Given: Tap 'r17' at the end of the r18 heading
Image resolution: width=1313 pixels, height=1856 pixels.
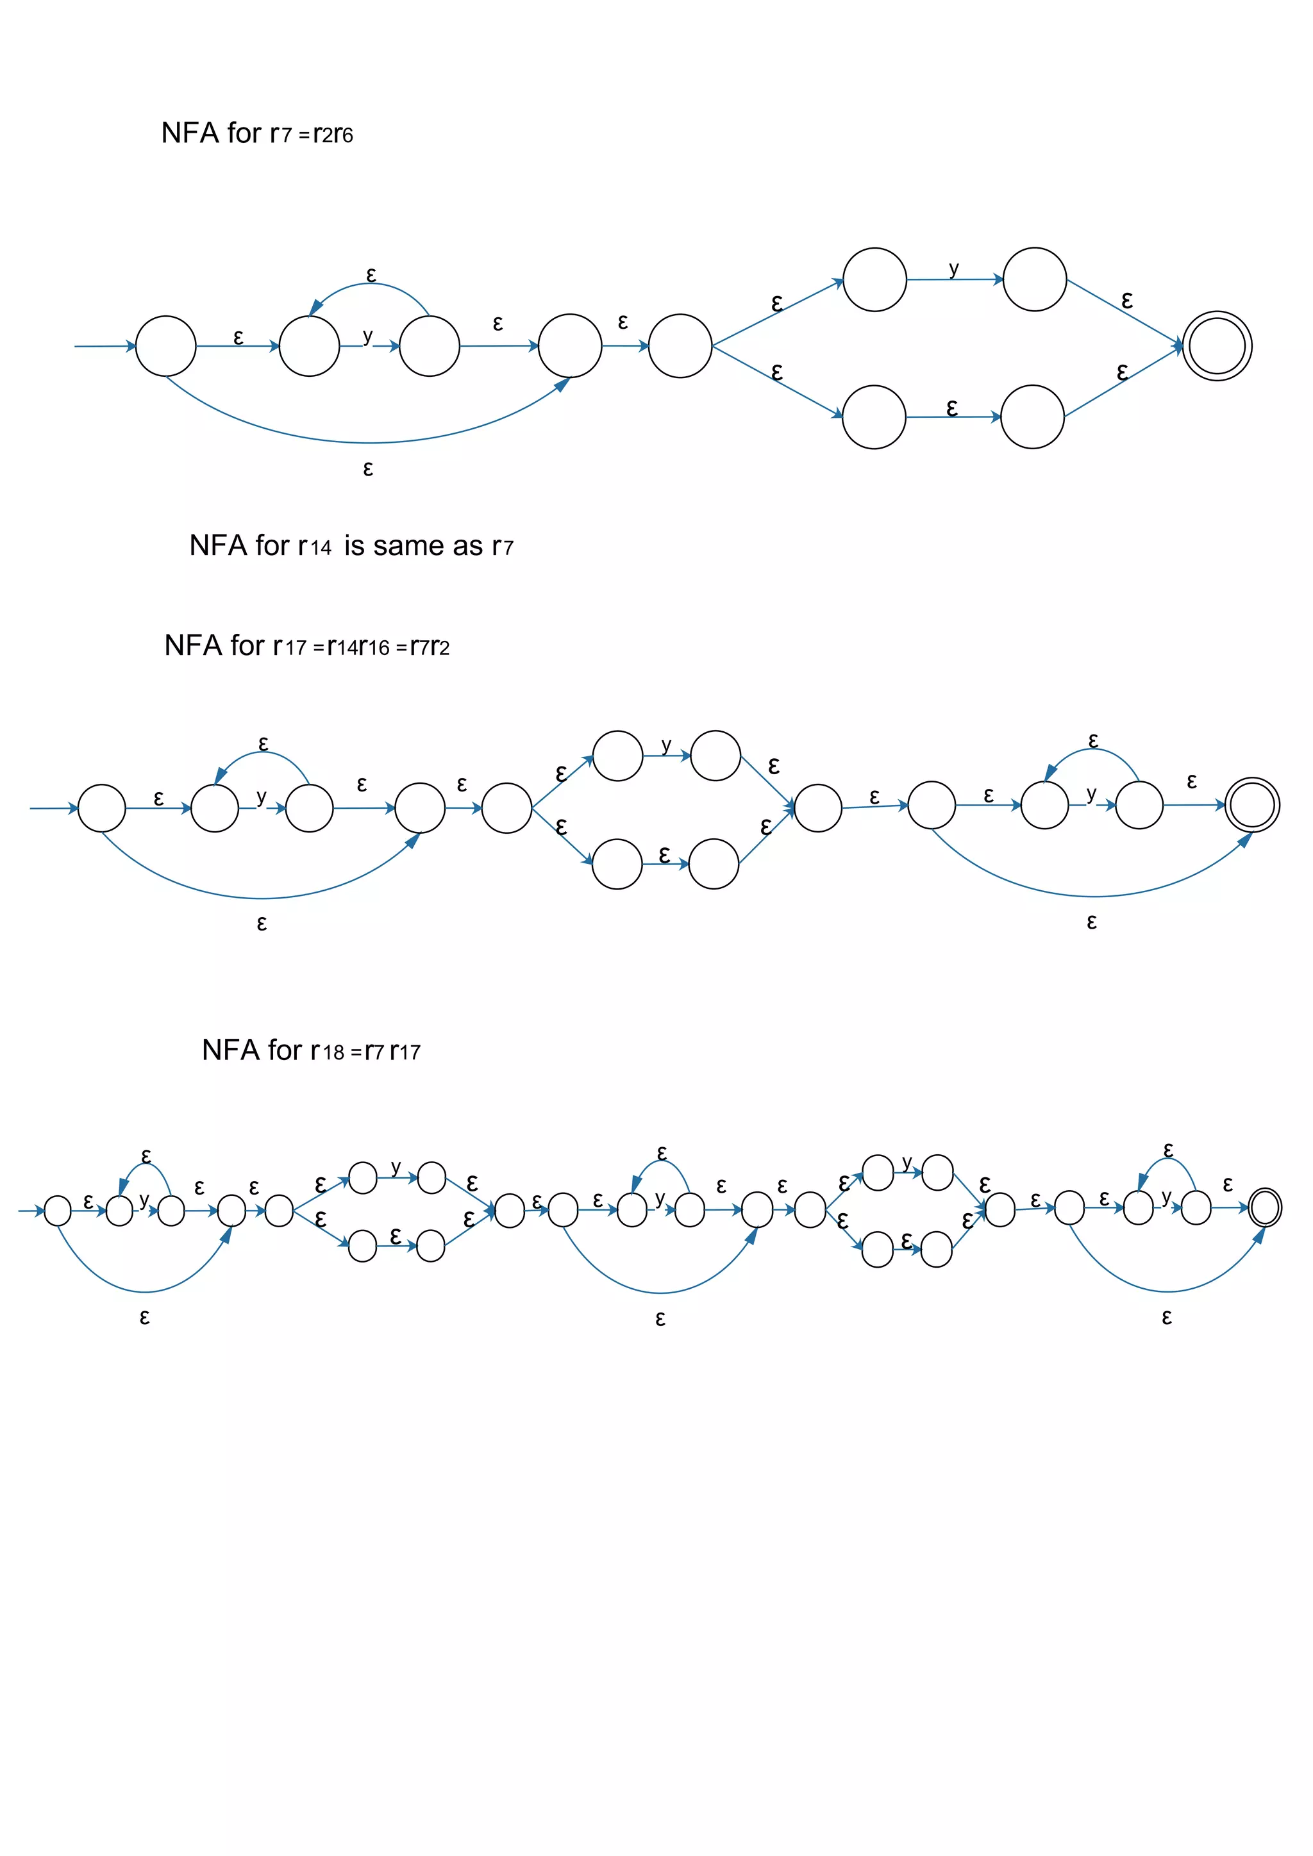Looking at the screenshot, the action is click(405, 1051).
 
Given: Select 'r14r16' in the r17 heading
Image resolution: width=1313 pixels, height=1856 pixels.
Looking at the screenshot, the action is click(358, 646).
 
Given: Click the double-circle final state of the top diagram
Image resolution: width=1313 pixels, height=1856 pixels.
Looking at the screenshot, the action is click(1217, 346).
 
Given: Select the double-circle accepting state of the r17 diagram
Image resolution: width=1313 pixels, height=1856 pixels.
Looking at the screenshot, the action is click(1251, 804).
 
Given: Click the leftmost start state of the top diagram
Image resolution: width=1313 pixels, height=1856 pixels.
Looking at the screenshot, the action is click(166, 346).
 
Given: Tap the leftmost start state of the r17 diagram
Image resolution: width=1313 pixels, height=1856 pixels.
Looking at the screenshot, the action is click(102, 808).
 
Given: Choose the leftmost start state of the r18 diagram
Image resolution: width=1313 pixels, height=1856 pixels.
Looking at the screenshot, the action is click(58, 1211).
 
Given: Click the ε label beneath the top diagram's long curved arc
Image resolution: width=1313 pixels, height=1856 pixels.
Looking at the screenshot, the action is click(368, 469).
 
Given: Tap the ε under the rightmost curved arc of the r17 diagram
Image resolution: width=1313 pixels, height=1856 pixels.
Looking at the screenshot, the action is click(1091, 922).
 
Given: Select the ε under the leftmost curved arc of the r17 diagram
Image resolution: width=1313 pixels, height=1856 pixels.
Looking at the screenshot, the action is click(261, 923).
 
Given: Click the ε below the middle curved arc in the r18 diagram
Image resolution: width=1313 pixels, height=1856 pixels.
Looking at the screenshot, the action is click(660, 1319).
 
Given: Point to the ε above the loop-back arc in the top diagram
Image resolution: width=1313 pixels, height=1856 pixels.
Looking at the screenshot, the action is click(371, 275).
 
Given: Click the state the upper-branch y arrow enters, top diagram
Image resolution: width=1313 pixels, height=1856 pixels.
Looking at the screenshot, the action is click(1035, 279).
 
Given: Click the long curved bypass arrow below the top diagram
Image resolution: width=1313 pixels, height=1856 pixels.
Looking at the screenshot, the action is click(368, 442).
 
